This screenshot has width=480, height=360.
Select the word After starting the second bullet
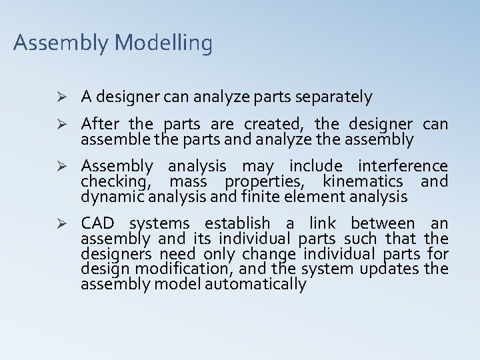pyautogui.click(x=101, y=125)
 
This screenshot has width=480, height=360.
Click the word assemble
pyautogui.click(x=109, y=140)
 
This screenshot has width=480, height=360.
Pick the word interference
pyautogui.click(x=403, y=166)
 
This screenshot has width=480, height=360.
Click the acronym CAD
pyautogui.click(x=97, y=223)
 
